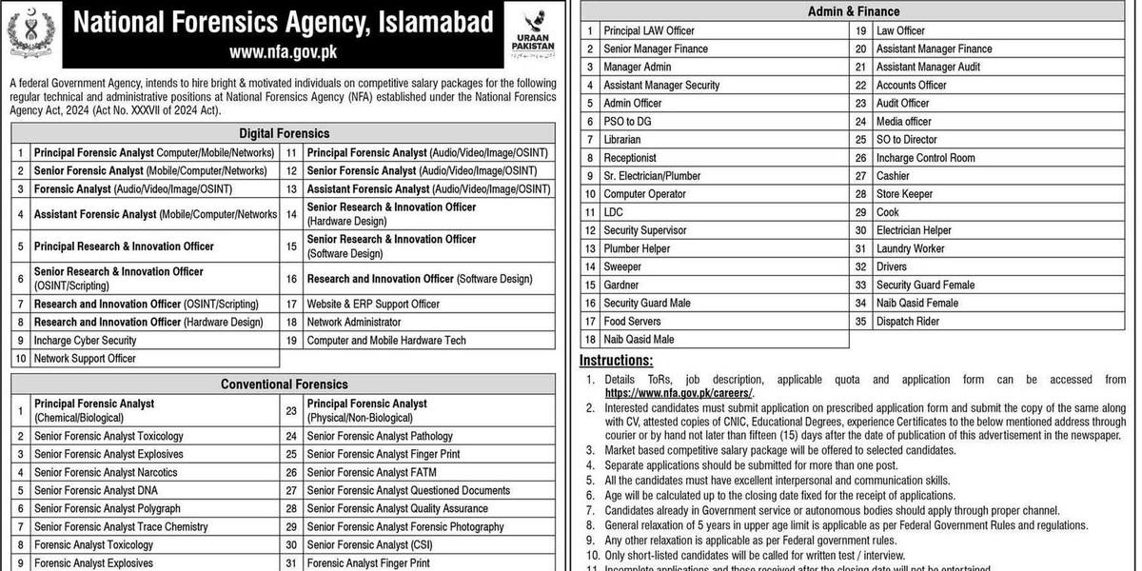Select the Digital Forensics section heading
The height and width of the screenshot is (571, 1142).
pos(284,133)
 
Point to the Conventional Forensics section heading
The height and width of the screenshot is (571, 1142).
pos(284,384)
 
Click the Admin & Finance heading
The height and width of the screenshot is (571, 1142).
pos(853,11)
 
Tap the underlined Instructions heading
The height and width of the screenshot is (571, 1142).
pos(617,361)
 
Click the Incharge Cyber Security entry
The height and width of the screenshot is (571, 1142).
pos(86,340)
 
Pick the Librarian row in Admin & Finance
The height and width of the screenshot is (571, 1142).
pos(622,140)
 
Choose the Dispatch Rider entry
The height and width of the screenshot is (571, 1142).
pos(908,322)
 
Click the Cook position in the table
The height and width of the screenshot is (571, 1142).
pos(888,212)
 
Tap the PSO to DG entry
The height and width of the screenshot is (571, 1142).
pos(627,122)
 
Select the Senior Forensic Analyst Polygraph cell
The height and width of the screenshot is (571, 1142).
pos(108,508)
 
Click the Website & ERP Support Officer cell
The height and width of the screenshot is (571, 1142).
pos(373,304)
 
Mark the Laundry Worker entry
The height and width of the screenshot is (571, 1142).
pos(911,248)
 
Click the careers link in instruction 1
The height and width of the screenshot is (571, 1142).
pos(679,392)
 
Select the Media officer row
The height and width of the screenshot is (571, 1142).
pos(904,122)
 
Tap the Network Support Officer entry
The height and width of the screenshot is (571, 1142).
pos(85,359)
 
